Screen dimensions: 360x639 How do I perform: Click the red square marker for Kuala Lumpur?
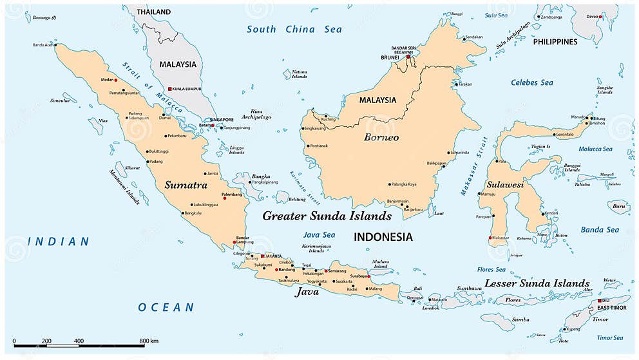pyautogui.click(x=169, y=89)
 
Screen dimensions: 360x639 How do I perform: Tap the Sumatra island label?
pyautogui.click(x=186, y=185)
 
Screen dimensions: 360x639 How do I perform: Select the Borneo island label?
pyautogui.click(x=381, y=137)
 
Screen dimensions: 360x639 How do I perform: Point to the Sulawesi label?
pyautogui.click(x=504, y=185)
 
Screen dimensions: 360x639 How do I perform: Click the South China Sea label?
pyautogui.click(x=294, y=29)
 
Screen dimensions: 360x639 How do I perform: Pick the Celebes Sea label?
pyautogui.click(x=532, y=82)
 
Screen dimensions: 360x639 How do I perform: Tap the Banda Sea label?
pyautogui.click(x=600, y=230)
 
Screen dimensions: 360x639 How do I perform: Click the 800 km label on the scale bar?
pyautogui.click(x=149, y=341)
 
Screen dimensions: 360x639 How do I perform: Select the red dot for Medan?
pyautogui.click(x=117, y=81)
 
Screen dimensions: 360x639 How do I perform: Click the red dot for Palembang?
pyautogui.click(x=225, y=198)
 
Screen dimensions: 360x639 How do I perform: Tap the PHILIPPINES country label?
pyautogui.click(x=555, y=42)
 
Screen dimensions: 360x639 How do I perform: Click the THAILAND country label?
pyautogui.click(x=153, y=12)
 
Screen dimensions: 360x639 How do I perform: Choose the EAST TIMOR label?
pyautogui.click(x=611, y=308)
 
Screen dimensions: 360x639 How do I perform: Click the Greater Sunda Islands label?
pyautogui.click(x=327, y=216)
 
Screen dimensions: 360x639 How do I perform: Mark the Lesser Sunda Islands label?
pyautogui.click(x=537, y=283)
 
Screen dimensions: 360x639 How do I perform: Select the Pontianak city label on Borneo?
pyautogui.click(x=318, y=146)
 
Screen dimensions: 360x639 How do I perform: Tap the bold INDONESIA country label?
pyautogui.click(x=383, y=237)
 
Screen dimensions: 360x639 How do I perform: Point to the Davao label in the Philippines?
pyautogui.click(x=592, y=16)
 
